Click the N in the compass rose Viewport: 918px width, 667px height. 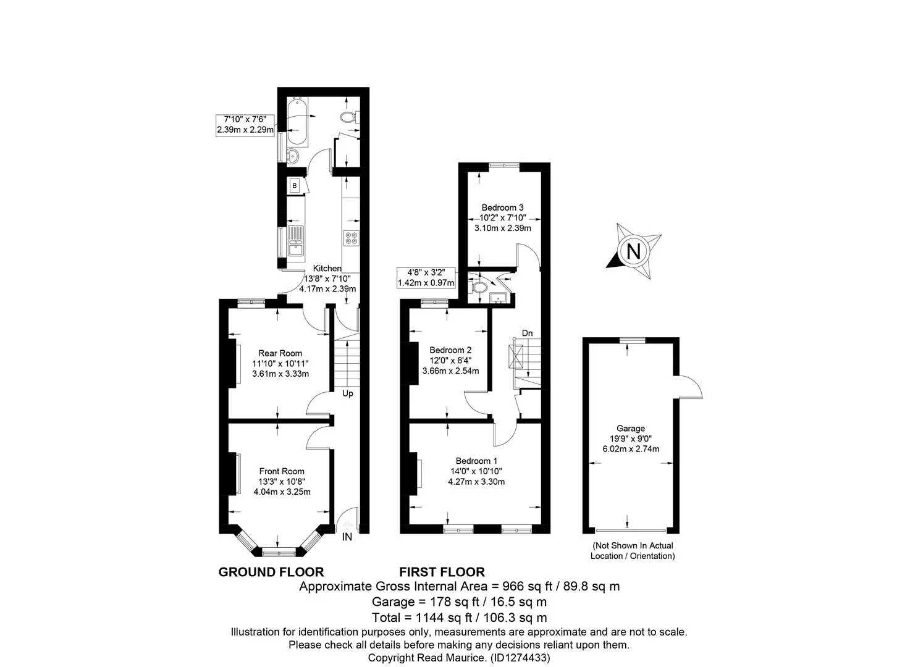point(634,251)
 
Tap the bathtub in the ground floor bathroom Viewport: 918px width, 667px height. point(297,122)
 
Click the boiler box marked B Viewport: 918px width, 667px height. point(294,186)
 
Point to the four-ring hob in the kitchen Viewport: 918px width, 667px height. point(352,238)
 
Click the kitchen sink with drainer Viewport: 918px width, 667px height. point(295,243)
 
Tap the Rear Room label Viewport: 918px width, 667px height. point(280,353)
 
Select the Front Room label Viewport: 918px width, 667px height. point(282,471)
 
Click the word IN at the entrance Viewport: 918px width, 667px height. point(347,537)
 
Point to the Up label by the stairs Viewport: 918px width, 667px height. point(348,393)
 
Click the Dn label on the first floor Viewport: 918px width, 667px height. point(527,333)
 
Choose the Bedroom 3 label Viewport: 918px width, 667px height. point(502,208)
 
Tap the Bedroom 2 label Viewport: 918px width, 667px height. point(450,350)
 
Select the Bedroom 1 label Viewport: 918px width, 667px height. point(477,461)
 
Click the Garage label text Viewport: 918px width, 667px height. point(631,429)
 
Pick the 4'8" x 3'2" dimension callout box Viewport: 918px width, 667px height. point(426,277)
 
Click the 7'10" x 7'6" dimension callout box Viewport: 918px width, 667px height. point(245,125)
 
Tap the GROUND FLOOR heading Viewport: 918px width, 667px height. point(271,572)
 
